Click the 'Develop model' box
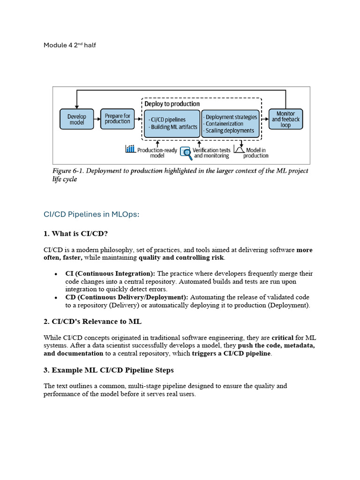point(77,119)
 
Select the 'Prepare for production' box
point(117,119)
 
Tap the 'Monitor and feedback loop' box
point(285,119)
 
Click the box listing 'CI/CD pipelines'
point(172,123)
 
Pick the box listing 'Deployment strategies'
point(230,124)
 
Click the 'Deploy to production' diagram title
point(172,104)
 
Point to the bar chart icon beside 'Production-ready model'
point(130,149)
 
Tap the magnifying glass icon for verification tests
point(185,153)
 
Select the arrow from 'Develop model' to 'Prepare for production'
point(97,119)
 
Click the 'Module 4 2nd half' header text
point(70,45)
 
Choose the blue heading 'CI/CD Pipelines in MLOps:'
point(91,214)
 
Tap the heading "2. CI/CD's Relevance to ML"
point(92,322)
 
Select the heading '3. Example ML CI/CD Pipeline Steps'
point(109,370)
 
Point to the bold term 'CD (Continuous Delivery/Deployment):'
point(127,297)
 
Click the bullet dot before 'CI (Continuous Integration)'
point(56,274)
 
